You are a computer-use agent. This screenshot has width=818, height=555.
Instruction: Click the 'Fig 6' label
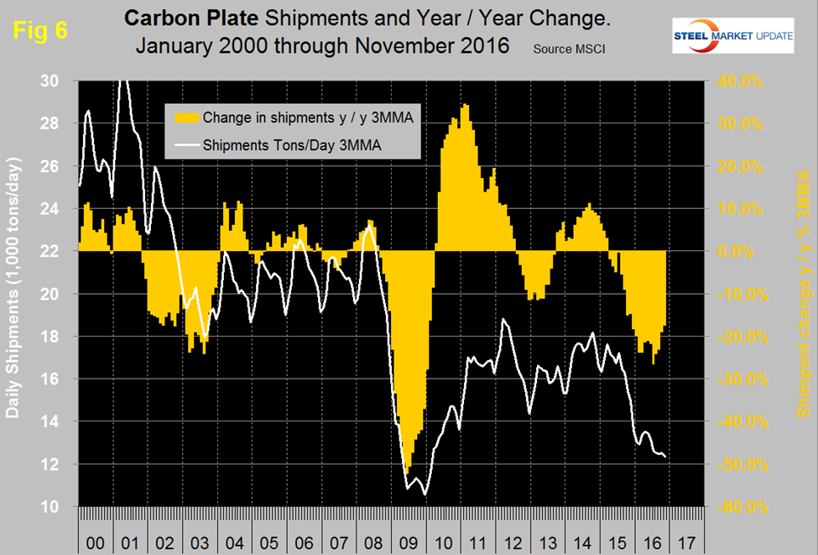38,30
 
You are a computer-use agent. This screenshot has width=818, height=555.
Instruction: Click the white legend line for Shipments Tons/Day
184,144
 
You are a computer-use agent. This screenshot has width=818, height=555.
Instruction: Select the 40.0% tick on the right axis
739,81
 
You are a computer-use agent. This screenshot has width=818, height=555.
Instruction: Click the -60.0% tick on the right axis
737,507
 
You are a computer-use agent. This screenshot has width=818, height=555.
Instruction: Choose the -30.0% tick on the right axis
737,380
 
